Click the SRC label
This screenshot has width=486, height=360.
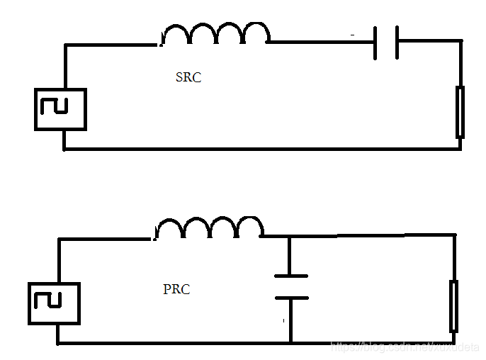tap(188, 78)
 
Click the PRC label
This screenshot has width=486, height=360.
tap(176, 290)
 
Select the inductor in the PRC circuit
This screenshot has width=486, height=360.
tap(210, 228)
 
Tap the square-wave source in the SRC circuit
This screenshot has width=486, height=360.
tap(60, 109)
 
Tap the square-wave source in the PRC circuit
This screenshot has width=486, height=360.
tap(53, 303)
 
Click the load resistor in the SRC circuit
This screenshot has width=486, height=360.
tap(460, 112)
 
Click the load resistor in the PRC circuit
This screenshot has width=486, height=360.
tap(453, 306)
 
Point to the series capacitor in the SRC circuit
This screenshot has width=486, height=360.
tap(385, 42)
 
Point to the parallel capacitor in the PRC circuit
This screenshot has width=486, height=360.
tap(290, 286)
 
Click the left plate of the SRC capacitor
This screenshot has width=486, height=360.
tap(375, 42)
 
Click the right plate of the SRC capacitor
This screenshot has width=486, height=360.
tap(397, 42)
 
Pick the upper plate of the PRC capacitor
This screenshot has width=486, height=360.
tap(290, 275)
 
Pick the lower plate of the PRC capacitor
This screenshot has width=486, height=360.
tap(290, 298)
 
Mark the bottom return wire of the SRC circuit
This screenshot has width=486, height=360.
tap(262, 149)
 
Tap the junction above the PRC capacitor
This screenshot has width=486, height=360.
tap(290, 236)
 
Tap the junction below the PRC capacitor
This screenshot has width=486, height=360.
tap(290, 343)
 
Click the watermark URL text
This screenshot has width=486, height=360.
tap(405, 347)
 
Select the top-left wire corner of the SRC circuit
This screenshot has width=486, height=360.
tap(65, 46)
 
